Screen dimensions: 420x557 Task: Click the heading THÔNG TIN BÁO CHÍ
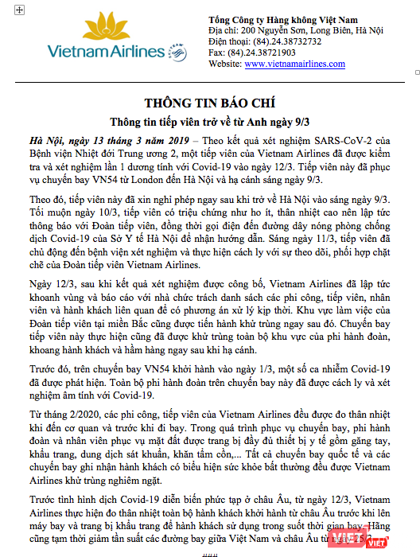[209, 103]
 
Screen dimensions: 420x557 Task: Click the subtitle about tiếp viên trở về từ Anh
[209, 122]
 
